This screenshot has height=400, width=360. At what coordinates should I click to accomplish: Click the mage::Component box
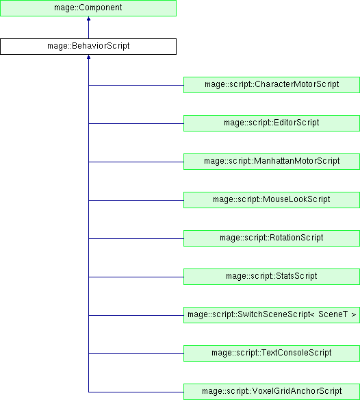(x=88, y=8)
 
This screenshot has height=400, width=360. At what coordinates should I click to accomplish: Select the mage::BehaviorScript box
(x=88, y=47)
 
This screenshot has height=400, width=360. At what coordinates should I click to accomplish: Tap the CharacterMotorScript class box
(x=272, y=85)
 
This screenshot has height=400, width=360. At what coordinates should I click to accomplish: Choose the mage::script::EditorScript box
(x=272, y=123)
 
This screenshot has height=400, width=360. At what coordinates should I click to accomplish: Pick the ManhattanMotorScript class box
(x=272, y=162)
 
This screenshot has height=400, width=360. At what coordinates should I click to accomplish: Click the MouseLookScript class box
(x=272, y=200)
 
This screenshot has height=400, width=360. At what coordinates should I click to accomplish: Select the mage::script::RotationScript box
(x=272, y=238)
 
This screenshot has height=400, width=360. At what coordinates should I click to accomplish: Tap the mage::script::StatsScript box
(x=272, y=277)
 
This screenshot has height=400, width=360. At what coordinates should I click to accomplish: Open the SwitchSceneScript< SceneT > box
(x=272, y=315)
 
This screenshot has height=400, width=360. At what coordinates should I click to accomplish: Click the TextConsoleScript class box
(x=272, y=353)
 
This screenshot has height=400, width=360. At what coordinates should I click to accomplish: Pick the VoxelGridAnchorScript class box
(x=272, y=392)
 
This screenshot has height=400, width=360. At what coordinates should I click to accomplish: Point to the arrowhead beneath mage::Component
(x=88, y=18)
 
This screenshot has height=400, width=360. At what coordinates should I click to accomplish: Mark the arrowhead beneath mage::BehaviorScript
(x=88, y=57)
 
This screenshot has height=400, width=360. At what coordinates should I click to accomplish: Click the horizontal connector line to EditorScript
(x=136, y=123)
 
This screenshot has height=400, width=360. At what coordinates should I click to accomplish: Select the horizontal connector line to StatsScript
(x=136, y=277)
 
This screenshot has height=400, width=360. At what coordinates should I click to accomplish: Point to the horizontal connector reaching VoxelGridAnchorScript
(x=136, y=392)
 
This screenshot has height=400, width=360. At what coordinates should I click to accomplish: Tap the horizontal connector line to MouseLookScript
(x=136, y=200)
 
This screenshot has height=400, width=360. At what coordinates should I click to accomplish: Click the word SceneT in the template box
(x=333, y=314)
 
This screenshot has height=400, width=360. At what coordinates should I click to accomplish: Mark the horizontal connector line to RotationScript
(x=136, y=238)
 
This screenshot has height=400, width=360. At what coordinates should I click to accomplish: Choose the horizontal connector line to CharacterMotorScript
(x=136, y=85)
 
